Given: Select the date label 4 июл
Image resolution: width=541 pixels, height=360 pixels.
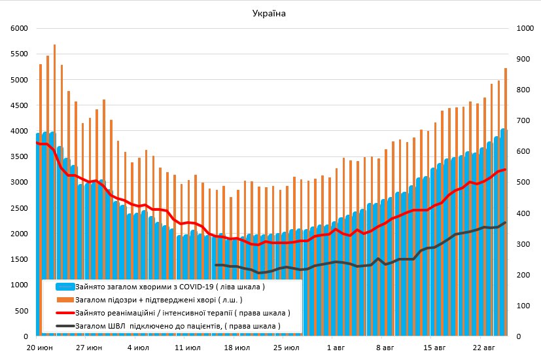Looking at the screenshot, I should (x=138, y=348).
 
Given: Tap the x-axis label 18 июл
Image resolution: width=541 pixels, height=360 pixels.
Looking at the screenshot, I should (x=236, y=348).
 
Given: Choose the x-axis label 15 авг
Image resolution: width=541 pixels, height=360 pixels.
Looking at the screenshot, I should (x=434, y=348).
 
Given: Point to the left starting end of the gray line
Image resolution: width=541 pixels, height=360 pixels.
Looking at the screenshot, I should (x=216, y=265).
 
